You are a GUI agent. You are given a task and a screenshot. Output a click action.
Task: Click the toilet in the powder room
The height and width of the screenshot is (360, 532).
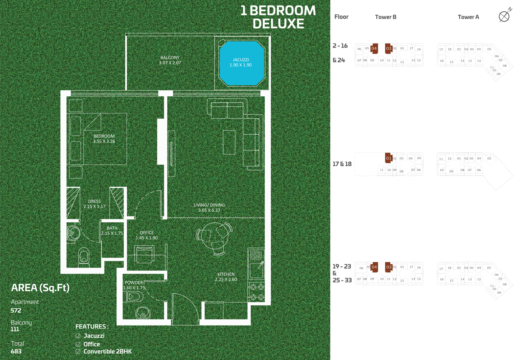(135, 297)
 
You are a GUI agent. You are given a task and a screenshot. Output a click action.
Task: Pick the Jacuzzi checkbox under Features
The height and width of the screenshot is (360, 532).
(78, 336)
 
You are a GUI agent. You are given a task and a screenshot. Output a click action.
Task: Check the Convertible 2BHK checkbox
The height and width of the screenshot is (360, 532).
(78, 352)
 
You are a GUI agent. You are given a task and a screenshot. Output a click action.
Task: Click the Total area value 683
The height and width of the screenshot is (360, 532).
(16, 351)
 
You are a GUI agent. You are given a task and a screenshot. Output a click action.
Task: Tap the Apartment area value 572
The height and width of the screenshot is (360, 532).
(16, 310)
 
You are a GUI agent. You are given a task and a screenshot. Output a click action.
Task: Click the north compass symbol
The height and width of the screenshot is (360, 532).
(504, 16)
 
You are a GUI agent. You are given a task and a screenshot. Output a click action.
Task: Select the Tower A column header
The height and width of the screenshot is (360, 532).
(468, 17)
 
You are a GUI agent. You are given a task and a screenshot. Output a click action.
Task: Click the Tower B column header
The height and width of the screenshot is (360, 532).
(386, 17)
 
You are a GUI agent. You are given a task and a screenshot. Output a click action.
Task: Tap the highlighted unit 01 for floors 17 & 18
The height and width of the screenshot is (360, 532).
(388, 158)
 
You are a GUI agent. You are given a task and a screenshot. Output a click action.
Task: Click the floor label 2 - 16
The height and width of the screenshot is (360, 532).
(340, 46)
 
